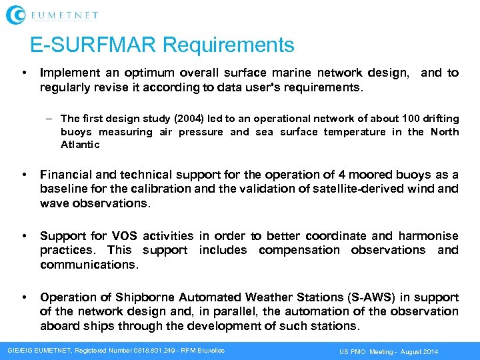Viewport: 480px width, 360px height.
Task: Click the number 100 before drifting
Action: tap(411, 119)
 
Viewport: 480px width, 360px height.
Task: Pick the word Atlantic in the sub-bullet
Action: tap(80, 145)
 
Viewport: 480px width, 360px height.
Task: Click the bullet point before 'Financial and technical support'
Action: tap(25, 175)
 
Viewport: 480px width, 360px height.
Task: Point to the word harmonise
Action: tap(429, 236)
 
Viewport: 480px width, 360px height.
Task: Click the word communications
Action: tap(89, 265)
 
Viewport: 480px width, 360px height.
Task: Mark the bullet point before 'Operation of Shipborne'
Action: tap(25, 297)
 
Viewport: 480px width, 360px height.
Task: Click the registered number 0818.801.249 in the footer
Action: tap(140, 351)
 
